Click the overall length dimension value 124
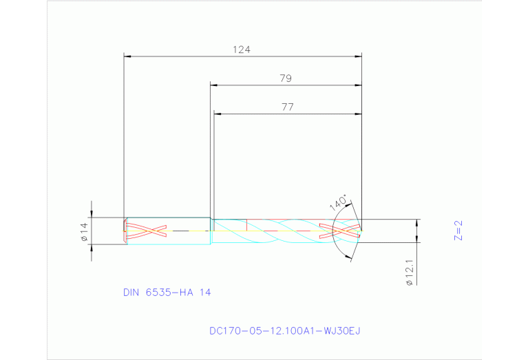click(x=242, y=50)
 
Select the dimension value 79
click(x=286, y=78)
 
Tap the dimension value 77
click(x=287, y=107)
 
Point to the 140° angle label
click(x=338, y=202)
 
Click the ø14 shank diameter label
click(x=84, y=232)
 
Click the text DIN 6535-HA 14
click(x=167, y=292)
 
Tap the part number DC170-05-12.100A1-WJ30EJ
click(x=284, y=330)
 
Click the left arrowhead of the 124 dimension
click(x=127, y=56)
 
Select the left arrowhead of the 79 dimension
click(x=214, y=85)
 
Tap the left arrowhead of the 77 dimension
click(x=218, y=114)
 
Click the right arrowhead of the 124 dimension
click(x=359, y=56)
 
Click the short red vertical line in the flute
click(x=246, y=224)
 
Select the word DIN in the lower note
click(x=131, y=292)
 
